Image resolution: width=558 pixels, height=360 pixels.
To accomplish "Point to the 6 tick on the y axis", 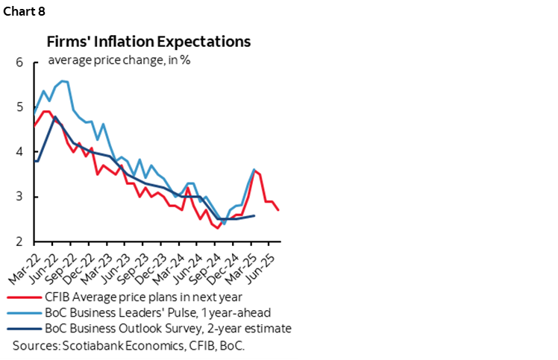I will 19,63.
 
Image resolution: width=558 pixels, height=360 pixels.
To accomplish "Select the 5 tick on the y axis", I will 19,107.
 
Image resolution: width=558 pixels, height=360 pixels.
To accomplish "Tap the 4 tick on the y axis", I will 19,152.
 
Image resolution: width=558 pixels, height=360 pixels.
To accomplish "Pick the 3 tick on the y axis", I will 19,197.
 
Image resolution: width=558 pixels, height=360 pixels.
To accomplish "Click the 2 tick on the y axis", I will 19,241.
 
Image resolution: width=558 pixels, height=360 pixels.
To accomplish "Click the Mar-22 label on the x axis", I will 22,263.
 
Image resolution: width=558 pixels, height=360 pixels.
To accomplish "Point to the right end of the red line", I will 279,210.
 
